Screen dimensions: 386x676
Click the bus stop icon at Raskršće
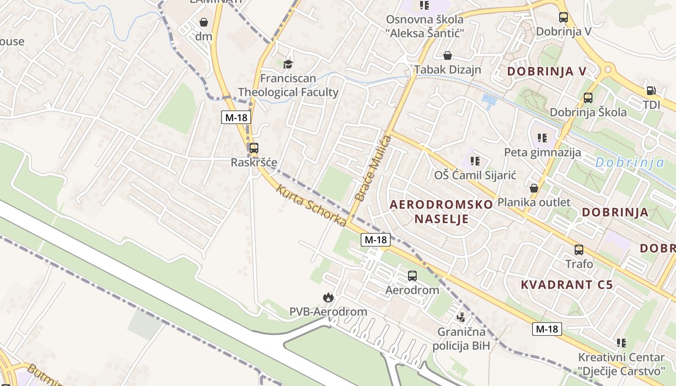tap(253, 148)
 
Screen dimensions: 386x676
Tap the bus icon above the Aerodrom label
tap(412, 276)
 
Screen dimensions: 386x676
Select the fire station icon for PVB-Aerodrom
tap(328, 297)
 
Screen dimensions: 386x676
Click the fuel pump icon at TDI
tap(651, 90)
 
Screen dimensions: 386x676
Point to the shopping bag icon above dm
tap(204, 22)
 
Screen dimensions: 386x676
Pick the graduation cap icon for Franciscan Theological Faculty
tap(288, 64)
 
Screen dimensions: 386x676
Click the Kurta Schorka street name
tap(311, 205)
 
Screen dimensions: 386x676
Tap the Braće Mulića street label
tap(372, 168)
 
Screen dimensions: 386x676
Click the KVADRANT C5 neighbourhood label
tap(566, 285)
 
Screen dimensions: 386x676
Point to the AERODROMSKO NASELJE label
tap(441, 211)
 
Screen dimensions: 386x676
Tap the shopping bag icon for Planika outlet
tap(534, 188)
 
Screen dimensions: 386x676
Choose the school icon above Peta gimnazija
tap(542, 138)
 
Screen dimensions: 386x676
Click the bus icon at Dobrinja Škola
tap(588, 98)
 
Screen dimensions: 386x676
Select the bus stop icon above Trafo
tap(578, 250)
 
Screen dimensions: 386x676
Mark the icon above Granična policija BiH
tap(461, 317)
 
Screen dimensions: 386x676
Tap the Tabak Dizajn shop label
tap(448, 69)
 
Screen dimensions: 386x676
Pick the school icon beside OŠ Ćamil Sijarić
tap(475, 161)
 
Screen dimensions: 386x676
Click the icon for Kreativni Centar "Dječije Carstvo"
tap(621, 343)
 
